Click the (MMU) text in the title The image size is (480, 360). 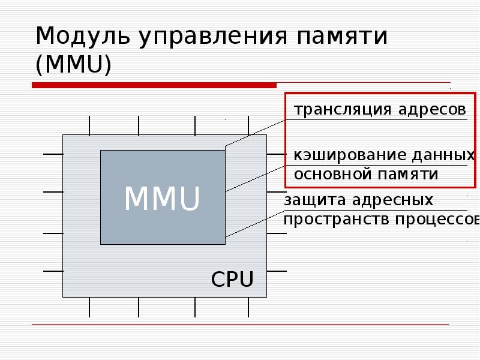pos(73,65)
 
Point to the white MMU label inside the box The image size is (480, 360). pos(161,199)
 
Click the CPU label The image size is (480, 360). pos(232,280)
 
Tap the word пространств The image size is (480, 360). pos(337,220)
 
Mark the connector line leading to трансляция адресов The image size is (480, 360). pos(255,132)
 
